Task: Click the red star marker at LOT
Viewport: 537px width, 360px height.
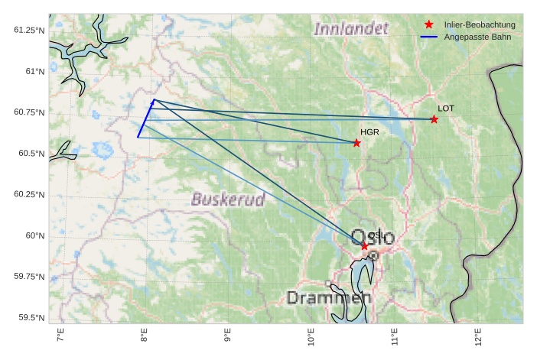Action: [434, 119]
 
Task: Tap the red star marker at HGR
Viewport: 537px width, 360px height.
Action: [356, 143]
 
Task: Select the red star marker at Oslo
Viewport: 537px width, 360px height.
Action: [365, 246]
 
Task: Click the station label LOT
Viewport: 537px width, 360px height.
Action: [446, 109]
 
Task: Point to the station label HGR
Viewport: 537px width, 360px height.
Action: [369, 132]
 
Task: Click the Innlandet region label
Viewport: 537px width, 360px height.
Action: [351, 29]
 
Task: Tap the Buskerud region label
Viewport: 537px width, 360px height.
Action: [228, 200]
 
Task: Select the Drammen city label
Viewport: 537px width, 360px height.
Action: [329, 297]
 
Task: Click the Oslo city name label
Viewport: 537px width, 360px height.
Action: [373, 237]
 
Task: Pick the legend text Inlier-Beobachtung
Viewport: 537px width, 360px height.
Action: [480, 25]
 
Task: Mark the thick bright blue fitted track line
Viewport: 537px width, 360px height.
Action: [146, 118]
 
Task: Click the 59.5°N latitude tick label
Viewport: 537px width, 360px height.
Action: [28, 317]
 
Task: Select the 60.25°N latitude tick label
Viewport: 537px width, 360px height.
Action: [28, 194]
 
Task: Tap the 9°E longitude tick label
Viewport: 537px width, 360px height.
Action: [227, 336]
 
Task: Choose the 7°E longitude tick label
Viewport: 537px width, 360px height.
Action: [60, 336]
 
